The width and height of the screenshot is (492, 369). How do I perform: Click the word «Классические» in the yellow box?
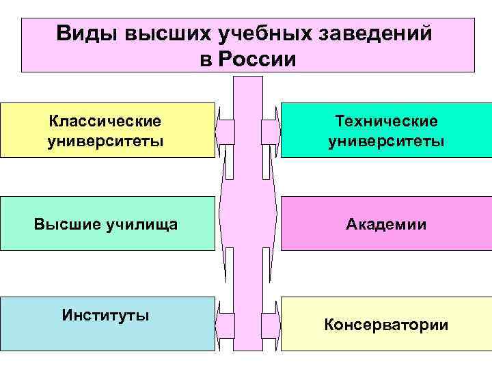point(105,121)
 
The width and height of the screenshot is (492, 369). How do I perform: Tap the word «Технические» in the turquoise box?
point(386,121)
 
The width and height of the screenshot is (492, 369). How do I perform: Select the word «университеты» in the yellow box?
point(105,141)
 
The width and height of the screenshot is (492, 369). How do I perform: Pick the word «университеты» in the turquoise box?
point(386,141)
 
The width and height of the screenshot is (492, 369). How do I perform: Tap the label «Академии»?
point(386,223)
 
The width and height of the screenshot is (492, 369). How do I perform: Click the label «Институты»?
point(105,315)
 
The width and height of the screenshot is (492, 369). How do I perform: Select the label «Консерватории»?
point(386,324)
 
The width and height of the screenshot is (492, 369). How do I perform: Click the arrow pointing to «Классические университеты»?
point(225,131)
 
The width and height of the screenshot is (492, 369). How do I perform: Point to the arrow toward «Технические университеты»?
point(271,131)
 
